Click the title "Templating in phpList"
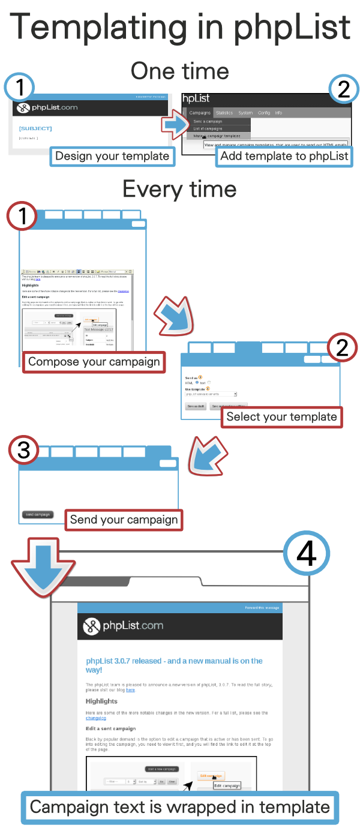(x=180, y=27)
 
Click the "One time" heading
(x=180, y=71)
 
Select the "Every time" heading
(x=180, y=189)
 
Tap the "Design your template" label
(x=112, y=156)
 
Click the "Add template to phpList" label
(x=284, y=156)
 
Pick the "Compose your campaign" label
(x=94, y=361)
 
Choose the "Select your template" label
(x=281, y=416)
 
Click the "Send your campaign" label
(x=124, y=520)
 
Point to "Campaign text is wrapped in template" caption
(x=180, y=807)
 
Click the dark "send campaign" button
(x=38, y=514)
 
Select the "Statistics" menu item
(x=224, y=113)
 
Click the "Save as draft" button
(x=196, y=406)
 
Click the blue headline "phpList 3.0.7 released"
(x=174, y=665)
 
